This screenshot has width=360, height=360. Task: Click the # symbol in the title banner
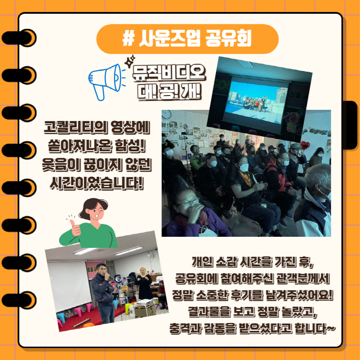point(128,39)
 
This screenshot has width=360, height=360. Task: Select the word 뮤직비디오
point(169,73)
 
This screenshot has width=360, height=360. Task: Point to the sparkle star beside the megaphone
point(130,61)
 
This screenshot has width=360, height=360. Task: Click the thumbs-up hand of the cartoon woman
point(74,227)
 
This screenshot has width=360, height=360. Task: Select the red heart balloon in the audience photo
point(305,145)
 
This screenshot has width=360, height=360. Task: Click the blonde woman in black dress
point(144,283)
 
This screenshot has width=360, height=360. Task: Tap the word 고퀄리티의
point(76,127)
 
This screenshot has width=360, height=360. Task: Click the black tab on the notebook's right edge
point(350,125)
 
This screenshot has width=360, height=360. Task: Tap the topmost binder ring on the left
point(19,38)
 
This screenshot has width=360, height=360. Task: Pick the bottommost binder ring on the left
point(19,300)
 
